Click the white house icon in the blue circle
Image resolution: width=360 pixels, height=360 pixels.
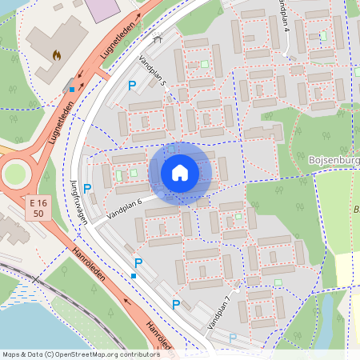tap(180, 173)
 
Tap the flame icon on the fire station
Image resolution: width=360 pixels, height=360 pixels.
tap(56, 55)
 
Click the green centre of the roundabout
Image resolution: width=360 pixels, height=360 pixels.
tap(14, 173)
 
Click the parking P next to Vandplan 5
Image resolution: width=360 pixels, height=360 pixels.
tap(132, 85)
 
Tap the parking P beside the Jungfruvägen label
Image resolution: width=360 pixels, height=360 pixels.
tap(87, 189)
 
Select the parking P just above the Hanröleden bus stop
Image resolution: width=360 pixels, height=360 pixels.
tap(138, 262)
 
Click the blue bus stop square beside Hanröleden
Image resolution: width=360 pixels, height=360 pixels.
tap(134, 276)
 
